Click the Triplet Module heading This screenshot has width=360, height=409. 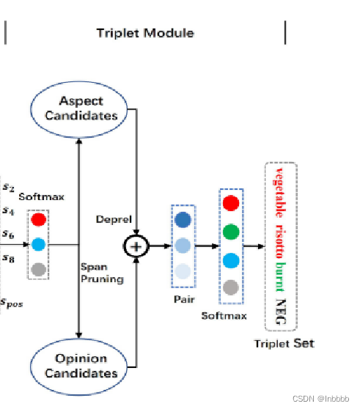point(145,33)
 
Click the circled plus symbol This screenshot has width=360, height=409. point(135,246)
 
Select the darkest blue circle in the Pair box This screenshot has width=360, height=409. point(183,219)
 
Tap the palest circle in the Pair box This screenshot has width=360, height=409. point(183,271)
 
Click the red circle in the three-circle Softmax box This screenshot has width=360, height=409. point(40,218)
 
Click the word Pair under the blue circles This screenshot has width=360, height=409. point(183,300)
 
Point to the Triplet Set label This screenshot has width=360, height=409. point(284,343)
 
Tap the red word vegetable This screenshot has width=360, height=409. point(279,189)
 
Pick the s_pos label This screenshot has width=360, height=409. point(11,302)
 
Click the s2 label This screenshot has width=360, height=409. point(7,188)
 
